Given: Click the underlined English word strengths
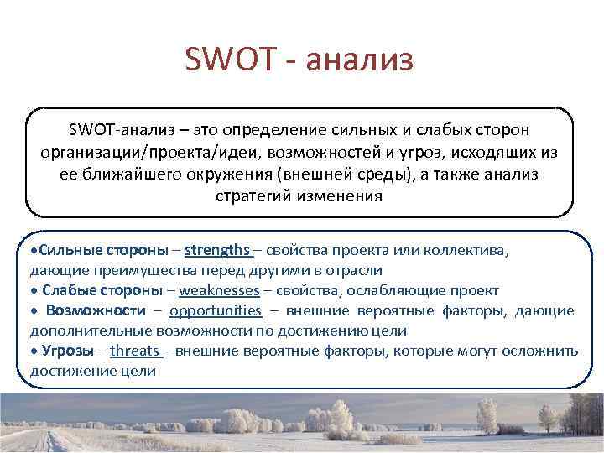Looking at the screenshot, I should [217, 250].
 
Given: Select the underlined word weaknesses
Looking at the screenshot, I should [217, 290].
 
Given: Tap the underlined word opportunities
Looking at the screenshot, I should [216, 310].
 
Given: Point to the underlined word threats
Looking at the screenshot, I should [134, 351].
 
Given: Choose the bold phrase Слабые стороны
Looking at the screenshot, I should [102, 290].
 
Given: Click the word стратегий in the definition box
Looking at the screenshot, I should [248, 197].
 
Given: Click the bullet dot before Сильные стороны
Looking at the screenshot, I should [34, 251].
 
